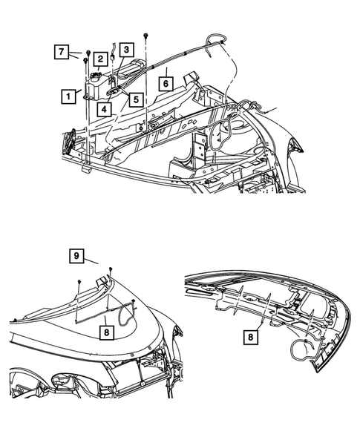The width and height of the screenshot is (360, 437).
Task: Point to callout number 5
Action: tap(134, 98)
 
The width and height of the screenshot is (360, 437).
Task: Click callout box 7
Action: tap(62, 52)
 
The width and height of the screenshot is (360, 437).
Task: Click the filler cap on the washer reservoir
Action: tap(97, 75)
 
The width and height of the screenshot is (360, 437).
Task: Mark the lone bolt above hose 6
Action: tap(149, 36)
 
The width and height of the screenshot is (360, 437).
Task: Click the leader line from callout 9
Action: tap(91, 261)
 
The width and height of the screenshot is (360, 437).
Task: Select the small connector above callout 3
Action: tap(112, 49)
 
